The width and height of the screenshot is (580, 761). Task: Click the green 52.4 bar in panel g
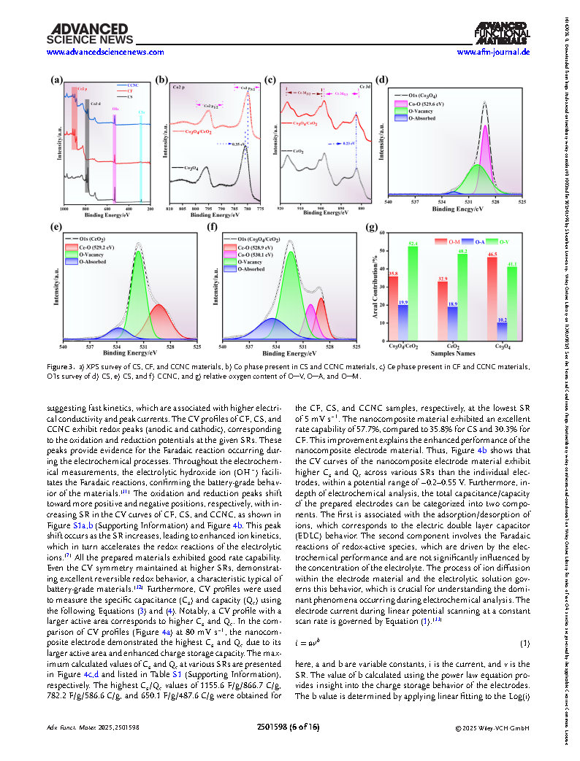[x=413, y=292]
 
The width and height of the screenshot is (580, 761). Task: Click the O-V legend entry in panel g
[x=505, y=240]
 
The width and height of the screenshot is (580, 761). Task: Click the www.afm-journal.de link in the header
[x=493, y=53]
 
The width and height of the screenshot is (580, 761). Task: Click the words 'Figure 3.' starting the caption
[x=63, y=366]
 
